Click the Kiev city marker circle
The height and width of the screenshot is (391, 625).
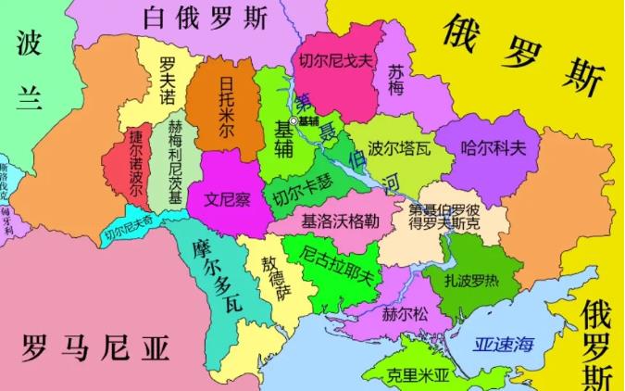tap(294, 121)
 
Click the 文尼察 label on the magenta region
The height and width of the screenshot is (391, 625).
tap(228, 198)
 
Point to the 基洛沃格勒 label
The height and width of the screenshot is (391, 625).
tap(340, 222)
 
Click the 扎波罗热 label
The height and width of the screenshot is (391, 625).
tap(476, 279)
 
